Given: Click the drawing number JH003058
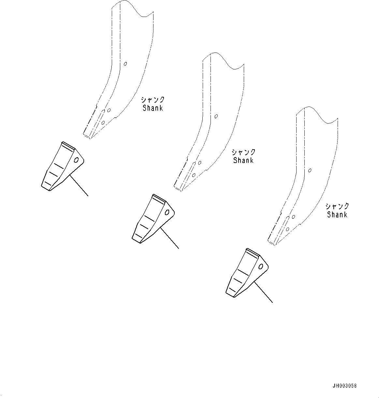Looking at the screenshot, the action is click(x=344, y=386).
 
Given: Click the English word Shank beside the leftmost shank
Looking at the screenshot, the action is click(x=153, y=108).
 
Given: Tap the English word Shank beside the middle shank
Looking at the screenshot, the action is click(x=243, y=160).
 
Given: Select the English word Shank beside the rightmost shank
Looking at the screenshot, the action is click(x=337, y=214).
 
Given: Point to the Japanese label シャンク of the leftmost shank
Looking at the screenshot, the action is click(x=153, y=100).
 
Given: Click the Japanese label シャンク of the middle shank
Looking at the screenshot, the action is click(x=243, y=152).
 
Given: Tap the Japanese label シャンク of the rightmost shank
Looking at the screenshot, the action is click(x=337, y=206).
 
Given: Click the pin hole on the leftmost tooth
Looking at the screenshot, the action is click(x=77, y=160).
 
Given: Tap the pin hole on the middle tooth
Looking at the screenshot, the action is click(x=167, y=213).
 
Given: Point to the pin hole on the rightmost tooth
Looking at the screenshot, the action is click(x=261, y=266).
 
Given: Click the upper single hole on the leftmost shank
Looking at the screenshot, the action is click(x=125, y=64).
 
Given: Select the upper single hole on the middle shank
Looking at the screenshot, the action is click(x=216, y=116).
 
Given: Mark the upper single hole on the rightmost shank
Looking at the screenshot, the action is click(x=310, y=170).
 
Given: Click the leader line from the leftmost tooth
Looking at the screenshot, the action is click(x=79, y=186).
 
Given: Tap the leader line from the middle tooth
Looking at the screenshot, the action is click(x=169, y=238).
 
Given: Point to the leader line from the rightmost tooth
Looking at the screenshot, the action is click(x=263, y=293).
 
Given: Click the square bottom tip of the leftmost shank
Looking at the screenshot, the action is click(x=87, y=136).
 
